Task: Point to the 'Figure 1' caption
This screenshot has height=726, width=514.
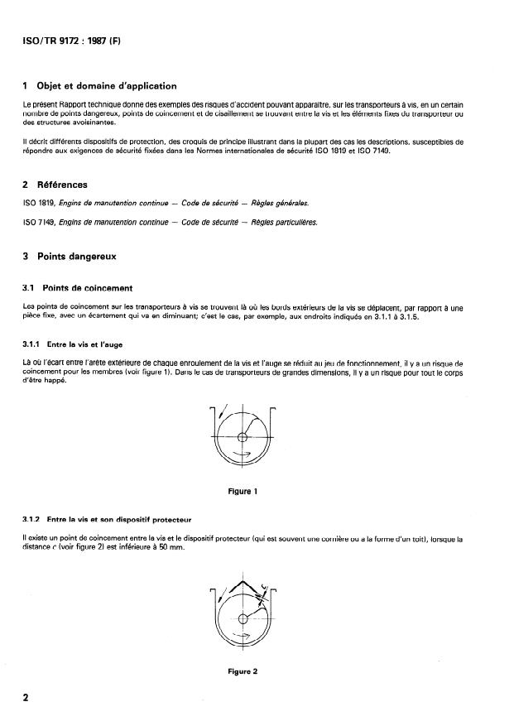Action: pos(243,491)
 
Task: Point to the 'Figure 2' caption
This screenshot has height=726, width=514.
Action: pos(243,671)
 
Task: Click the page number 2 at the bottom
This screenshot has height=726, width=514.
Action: pos(26,697)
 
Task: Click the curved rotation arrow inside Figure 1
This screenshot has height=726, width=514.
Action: pos(243,454)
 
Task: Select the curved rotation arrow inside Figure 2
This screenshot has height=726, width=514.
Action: pos(243,636)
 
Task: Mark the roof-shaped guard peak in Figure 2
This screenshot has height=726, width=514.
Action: pos(242,580)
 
